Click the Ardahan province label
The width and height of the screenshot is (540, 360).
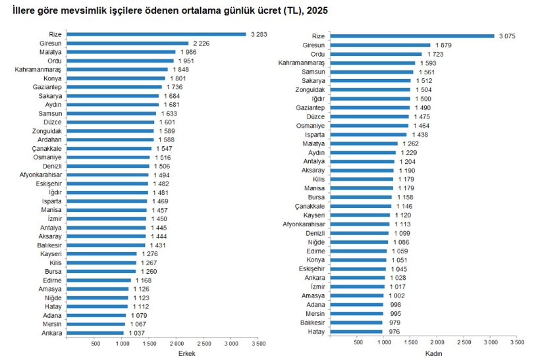[50, 140]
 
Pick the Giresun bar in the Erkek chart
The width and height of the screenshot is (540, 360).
[128, 43]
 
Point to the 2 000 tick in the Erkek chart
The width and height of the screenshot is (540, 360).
[176, 344]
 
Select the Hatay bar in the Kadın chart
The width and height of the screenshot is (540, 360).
[356, 331]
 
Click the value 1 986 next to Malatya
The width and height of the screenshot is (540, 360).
[188, 52]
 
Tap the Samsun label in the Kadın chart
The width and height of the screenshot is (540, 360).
[313, 72]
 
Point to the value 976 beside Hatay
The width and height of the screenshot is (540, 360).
[394, 331]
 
